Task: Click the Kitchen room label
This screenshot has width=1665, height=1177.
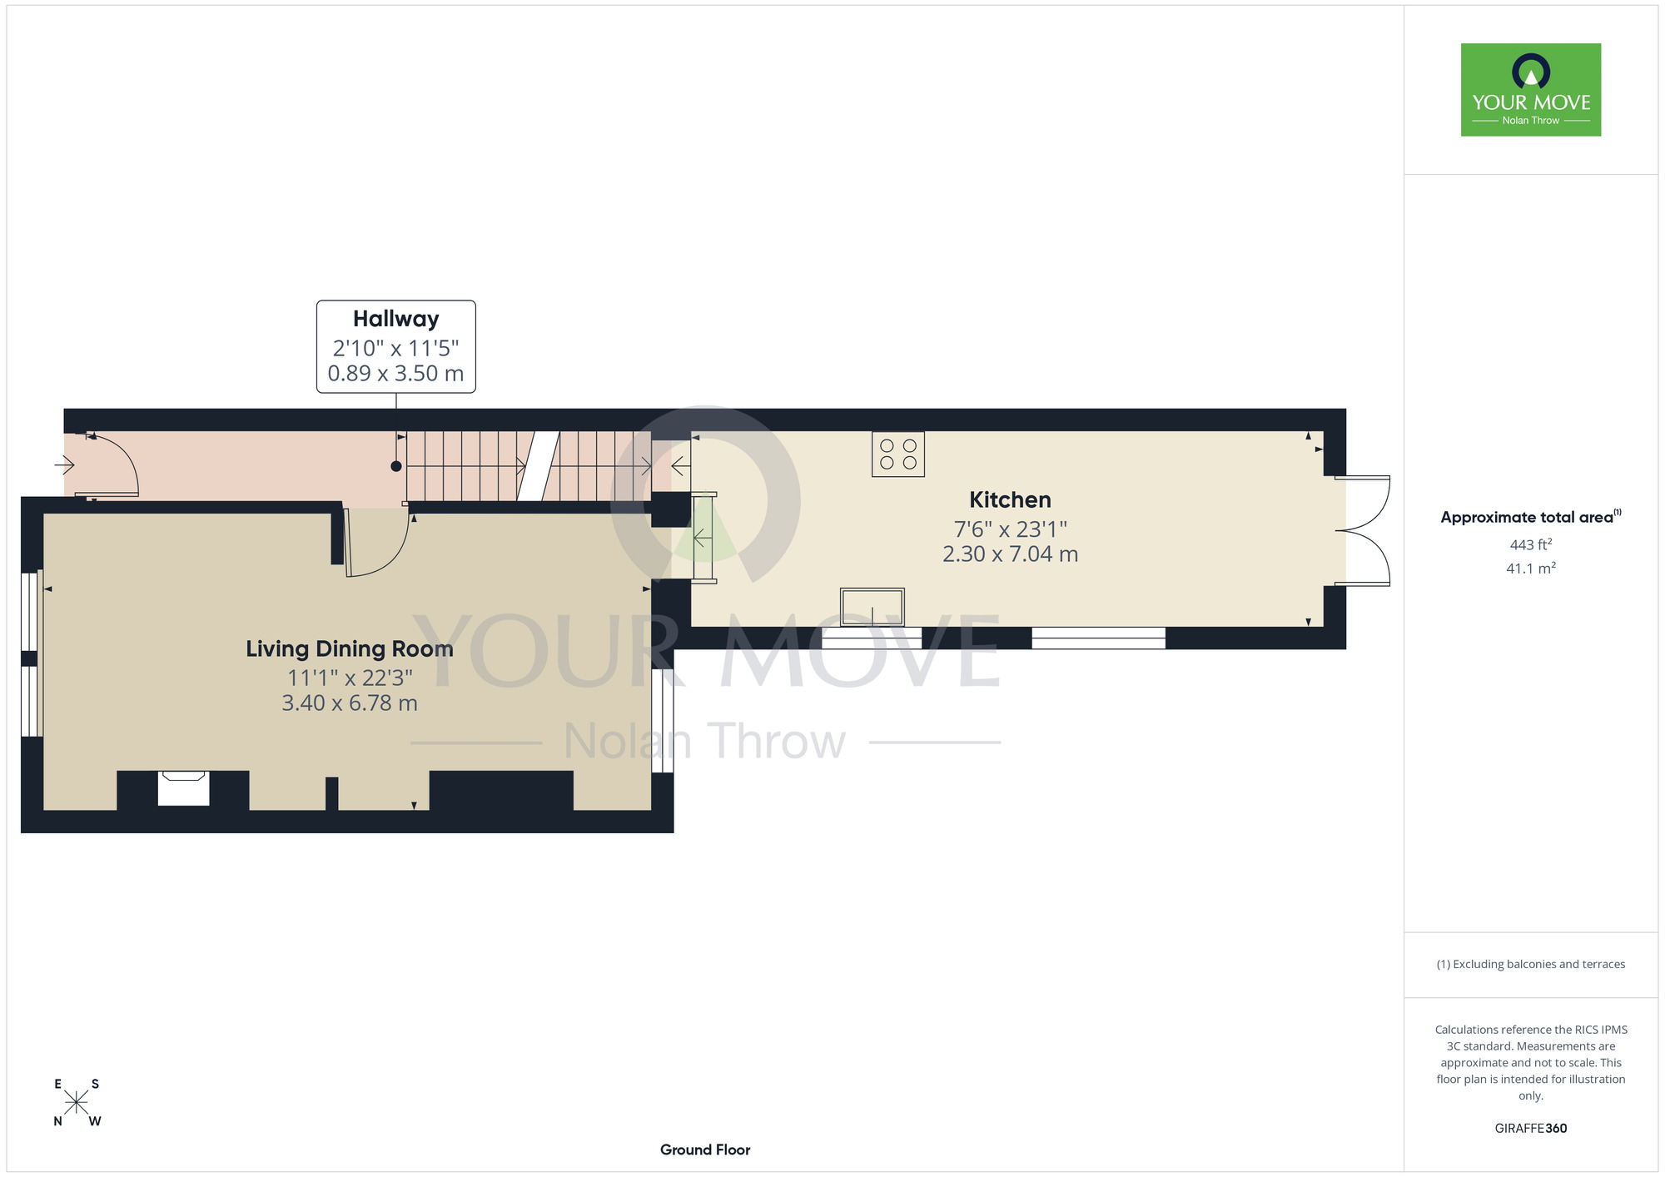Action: point(1010,499)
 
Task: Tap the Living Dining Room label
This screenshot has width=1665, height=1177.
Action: point(350,649)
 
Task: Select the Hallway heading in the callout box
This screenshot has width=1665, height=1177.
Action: point(395,319)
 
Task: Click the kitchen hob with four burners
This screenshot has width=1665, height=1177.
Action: point(898,454)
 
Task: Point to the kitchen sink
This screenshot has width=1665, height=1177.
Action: point(872,607)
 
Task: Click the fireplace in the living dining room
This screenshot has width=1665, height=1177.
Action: point(184,788)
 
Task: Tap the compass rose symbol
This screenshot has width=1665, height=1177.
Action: point(76,1102)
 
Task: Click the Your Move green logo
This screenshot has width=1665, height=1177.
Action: point(1531,90)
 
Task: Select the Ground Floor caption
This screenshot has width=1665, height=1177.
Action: point(705,1150)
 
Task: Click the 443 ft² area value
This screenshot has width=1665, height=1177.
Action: point(1531,544)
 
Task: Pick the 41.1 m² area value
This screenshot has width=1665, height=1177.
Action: point(1531,569)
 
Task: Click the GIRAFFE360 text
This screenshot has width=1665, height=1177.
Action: point(1531,1129)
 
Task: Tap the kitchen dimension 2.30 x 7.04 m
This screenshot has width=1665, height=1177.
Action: point(1010,554)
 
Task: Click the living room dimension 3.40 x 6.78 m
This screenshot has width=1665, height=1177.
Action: point(350,703)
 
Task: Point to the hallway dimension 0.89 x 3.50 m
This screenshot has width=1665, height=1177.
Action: point(395,374)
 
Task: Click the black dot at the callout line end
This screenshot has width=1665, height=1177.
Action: point(396,467)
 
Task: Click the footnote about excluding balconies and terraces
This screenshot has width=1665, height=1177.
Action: point(1531,964)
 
